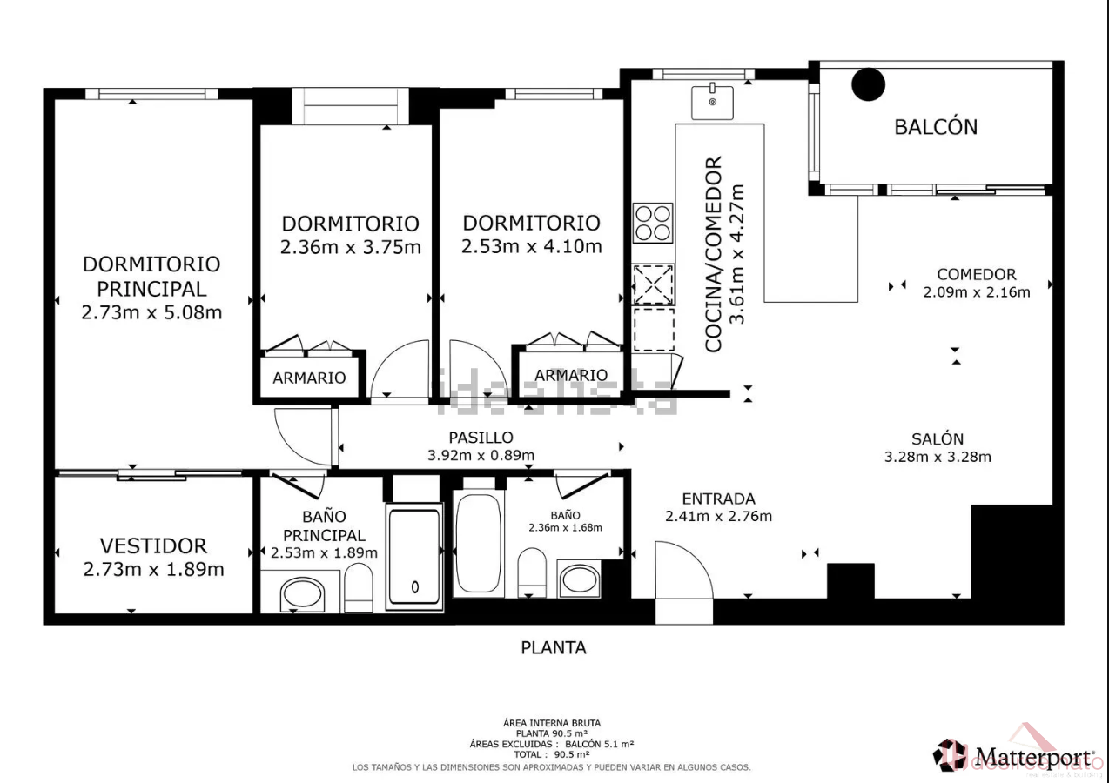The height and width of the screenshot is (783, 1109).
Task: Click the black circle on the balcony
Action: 868,84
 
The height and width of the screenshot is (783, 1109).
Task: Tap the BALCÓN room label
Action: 936,127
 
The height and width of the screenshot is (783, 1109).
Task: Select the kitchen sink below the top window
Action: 712,102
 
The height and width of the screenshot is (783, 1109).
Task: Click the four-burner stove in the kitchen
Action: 653,223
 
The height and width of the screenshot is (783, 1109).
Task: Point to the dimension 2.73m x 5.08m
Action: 151,312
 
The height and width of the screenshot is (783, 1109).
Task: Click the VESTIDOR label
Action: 153,545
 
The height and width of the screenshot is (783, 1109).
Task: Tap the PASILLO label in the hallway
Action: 481,438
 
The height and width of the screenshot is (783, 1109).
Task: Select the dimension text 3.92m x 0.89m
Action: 481,455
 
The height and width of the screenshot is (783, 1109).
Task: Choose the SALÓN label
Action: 938,439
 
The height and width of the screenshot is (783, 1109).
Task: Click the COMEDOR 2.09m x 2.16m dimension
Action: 977,292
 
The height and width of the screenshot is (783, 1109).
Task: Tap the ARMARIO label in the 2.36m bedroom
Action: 309,378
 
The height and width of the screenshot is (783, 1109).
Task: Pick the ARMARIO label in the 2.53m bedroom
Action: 571,375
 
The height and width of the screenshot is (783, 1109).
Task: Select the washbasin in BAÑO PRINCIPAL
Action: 303,594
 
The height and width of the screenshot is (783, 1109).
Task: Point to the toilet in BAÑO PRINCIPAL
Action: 359,586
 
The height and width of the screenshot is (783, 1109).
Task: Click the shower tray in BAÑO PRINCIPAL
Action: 414,557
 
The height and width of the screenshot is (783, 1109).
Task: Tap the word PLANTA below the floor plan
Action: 554,647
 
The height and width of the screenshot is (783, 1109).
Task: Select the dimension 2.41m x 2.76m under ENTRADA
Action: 718,516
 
